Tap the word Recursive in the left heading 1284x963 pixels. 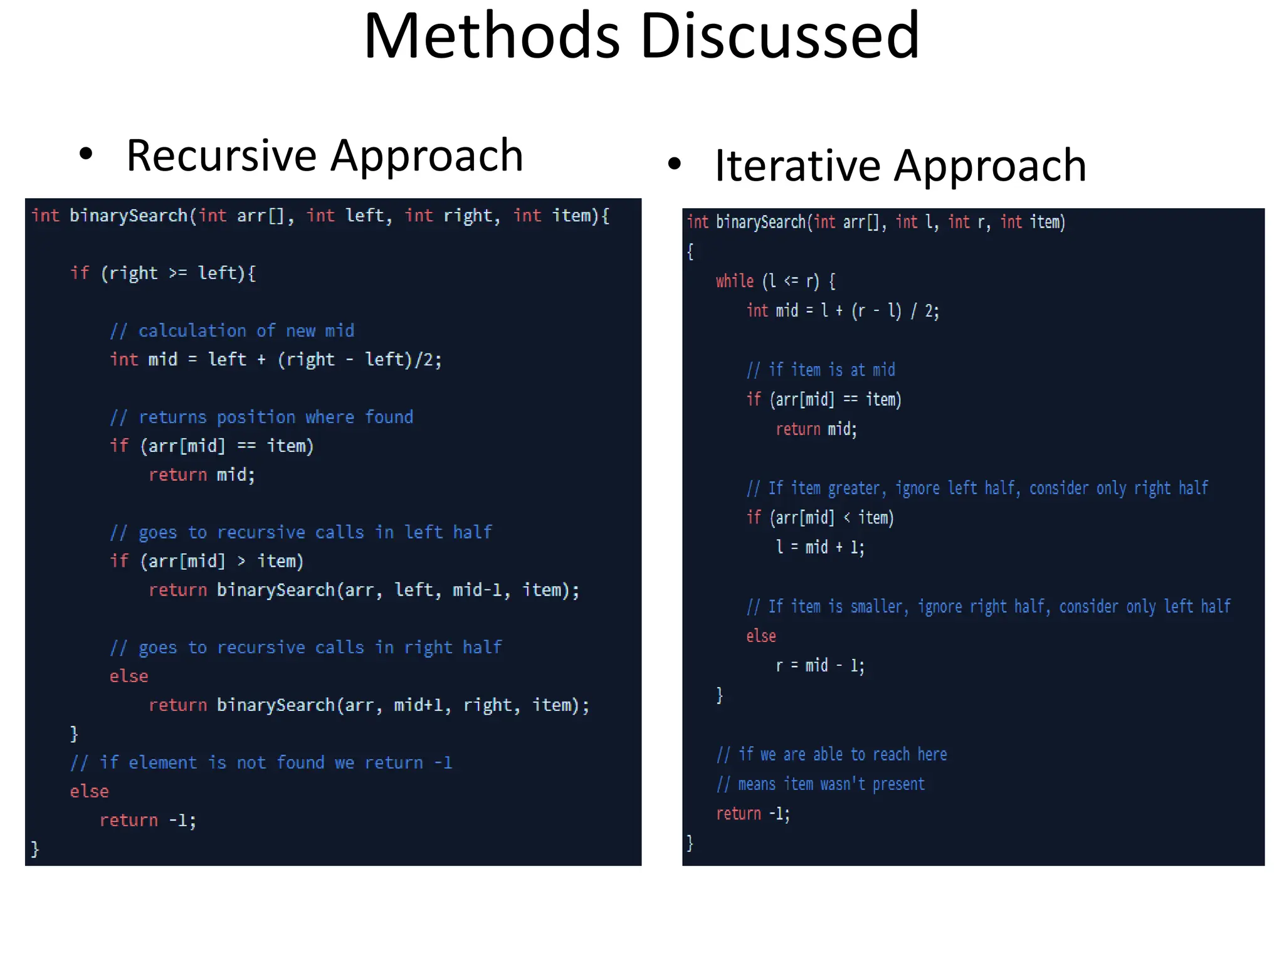(x=223, y=155)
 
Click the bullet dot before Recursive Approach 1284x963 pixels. (x=86, y=154)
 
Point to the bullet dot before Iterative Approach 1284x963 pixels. (x=674, y=164)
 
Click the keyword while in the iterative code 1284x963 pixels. (x=735, y=281)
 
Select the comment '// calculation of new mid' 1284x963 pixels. (x=232, y=330)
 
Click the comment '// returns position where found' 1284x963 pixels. (x=261, y=417)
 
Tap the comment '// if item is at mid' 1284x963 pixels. (x=821, y=370)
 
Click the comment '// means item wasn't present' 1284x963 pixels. (x=821, y=784)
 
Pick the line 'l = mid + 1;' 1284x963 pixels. (x=820, y=547)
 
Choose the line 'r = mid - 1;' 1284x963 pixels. (x=820, y=665)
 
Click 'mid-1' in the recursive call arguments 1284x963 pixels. (x=477, y=590)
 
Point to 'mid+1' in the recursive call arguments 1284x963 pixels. (x=418, y=705)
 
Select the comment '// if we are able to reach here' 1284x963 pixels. (x=832, y=754)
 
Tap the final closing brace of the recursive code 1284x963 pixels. (x=35, y=849)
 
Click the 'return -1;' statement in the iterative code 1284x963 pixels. (x=753, y=814)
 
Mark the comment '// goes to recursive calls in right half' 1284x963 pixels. (x=306, y=648)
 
